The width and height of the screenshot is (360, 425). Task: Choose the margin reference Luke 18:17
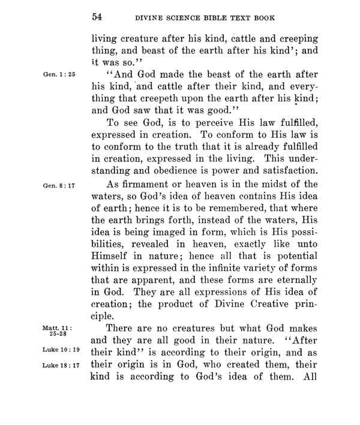(56, 364)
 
